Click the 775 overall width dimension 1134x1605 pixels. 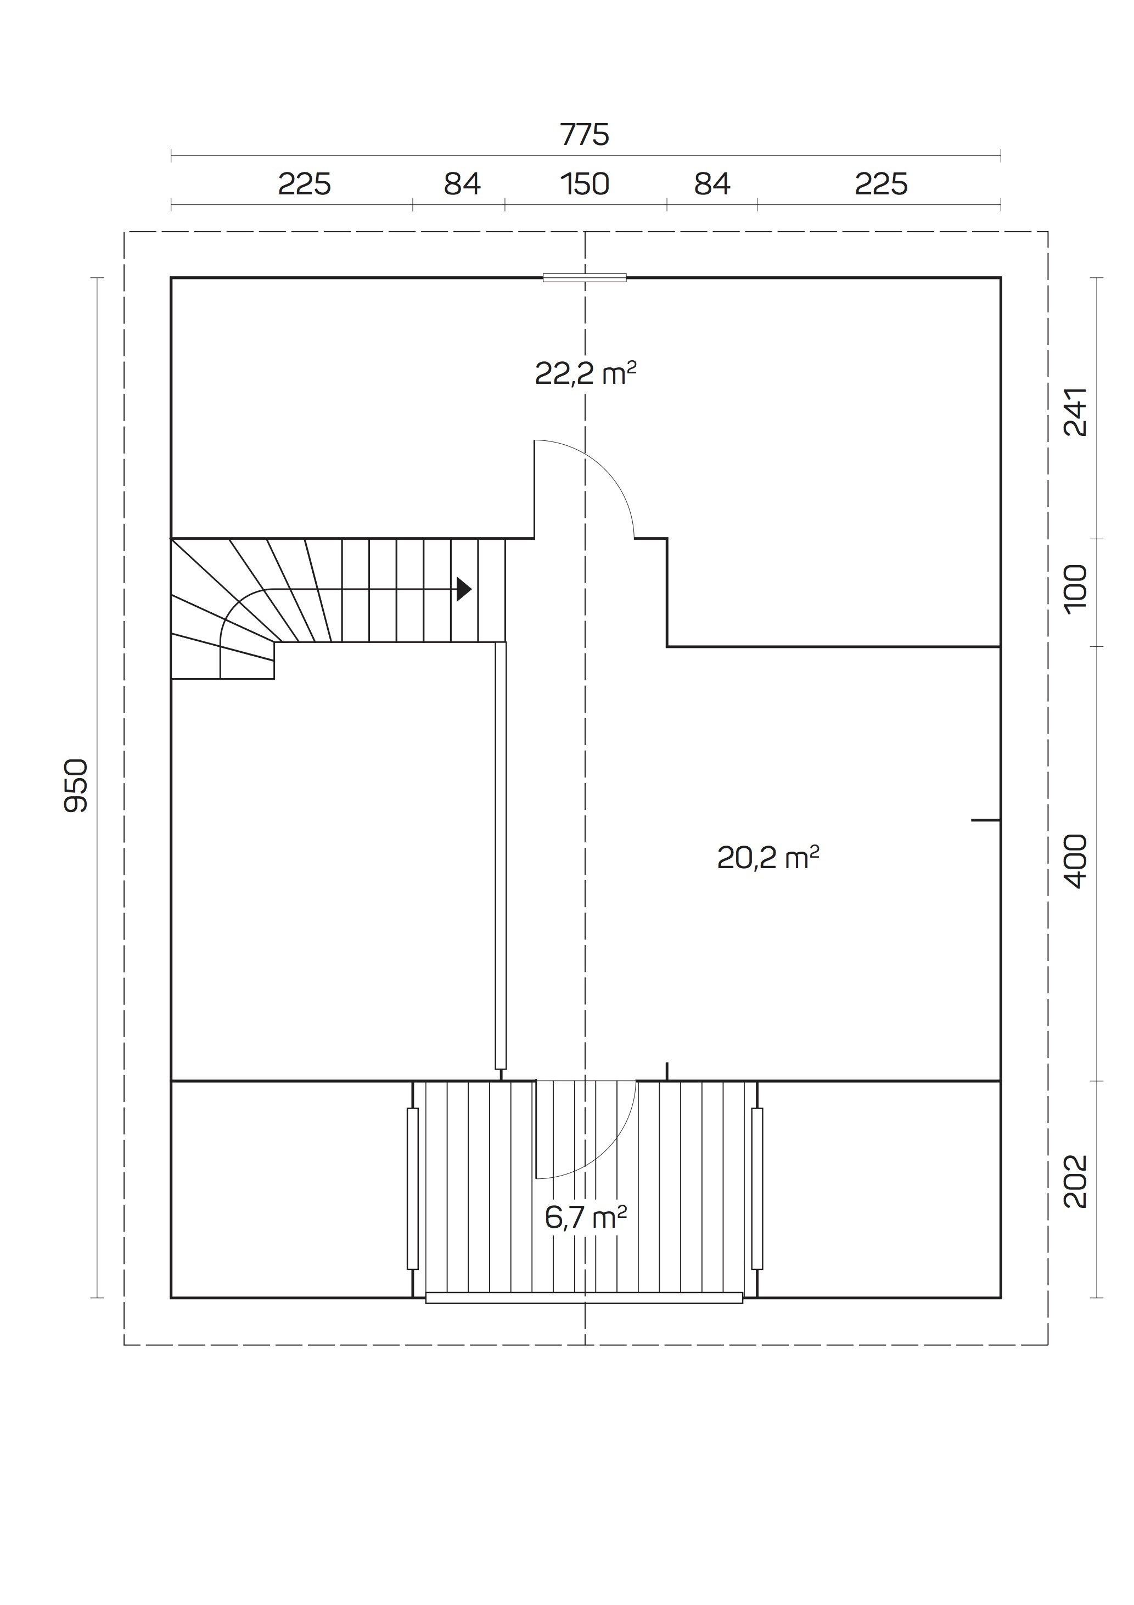point(585,134)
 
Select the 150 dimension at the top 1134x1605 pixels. point(585,184)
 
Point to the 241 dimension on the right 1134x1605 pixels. point(1075,412)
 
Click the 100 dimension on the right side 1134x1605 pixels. point(1075,589)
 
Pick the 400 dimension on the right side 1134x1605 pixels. point(1075,860)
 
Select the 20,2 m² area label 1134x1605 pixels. point(768,857)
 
